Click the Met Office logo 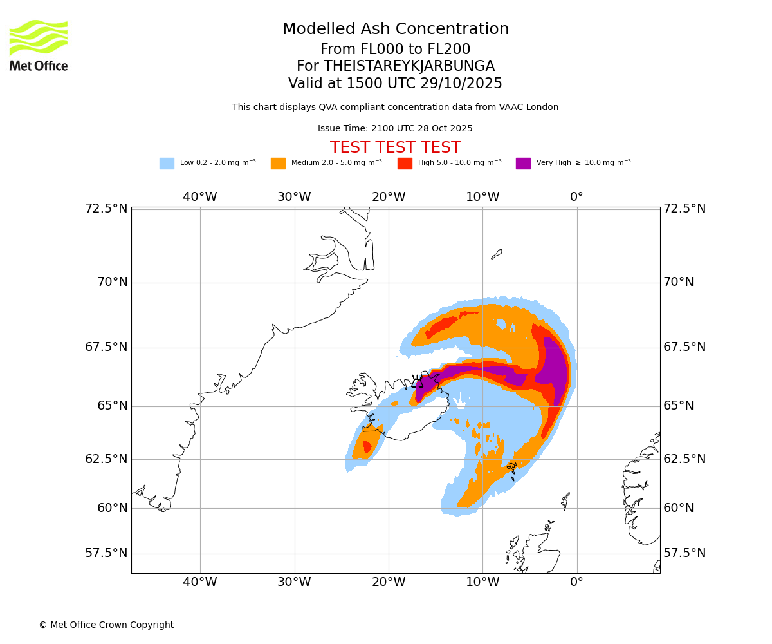pyautogui.click(x=39, y=45)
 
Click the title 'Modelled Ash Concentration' pyautogui.click(x=395, y=30)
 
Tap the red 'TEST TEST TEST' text pyautogui.click(x=395, y=147)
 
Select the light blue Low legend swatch pyautogui.click(x=167, y=164)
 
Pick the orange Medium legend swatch pyautogui.click(x=278, y=164)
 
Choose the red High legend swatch pyautogui.click(x=405, y=164)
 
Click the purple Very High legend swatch pyautogui.click(x=523, y=164)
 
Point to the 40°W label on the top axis pyautogui.click(x=199, y=197)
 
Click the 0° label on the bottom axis pyautogui.click(x=576, y=582)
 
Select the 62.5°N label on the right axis pyautogui.click(x=685, y=459)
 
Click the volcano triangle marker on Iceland pyautogui.click(x=417, y=382)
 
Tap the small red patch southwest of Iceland pyautogui.click(x=367, y=446)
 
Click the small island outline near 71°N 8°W pyautogui.click(x=497, y=254)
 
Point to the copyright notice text pyautogui.click(x=106, y=625)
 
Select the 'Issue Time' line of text pyautogui.click(x=395, y=129)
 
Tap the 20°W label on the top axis pyautogui.click(x=388, y=197)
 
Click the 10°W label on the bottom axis pyautogui.click(x=482, y=582)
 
